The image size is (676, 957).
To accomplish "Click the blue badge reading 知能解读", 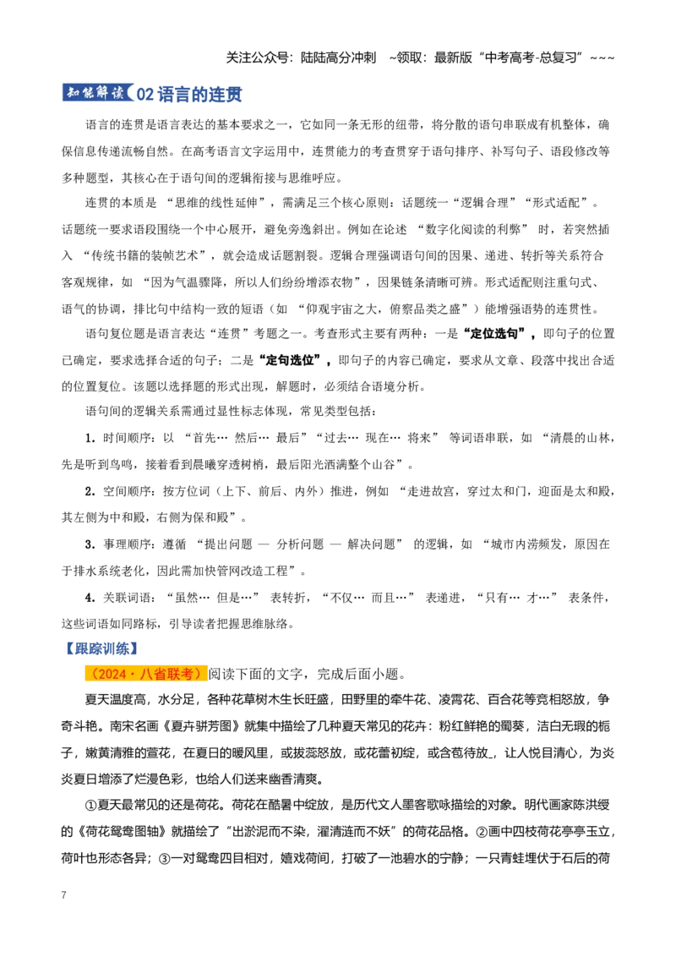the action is coord(98,92).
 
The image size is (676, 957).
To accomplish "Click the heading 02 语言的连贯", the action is coord(189,94).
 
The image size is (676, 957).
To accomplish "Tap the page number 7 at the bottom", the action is coord(63,894).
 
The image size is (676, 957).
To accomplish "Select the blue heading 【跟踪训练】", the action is coord(102,648).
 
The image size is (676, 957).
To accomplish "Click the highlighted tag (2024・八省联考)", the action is coord(146,674).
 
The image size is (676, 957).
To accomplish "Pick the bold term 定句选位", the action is coord(290,360).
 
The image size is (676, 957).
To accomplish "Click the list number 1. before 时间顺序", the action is coord(90,438).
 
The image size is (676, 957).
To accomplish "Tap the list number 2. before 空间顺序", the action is coord(90,491).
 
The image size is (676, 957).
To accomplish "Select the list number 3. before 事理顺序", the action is coord(90,544).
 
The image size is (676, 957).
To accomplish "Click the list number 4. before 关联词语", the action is coord(90,598).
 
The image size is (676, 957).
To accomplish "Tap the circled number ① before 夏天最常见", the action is coord(91,805).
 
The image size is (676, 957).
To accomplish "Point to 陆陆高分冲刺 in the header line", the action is coord(339,58).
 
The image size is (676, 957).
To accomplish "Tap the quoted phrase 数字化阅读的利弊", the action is coord(477,229).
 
